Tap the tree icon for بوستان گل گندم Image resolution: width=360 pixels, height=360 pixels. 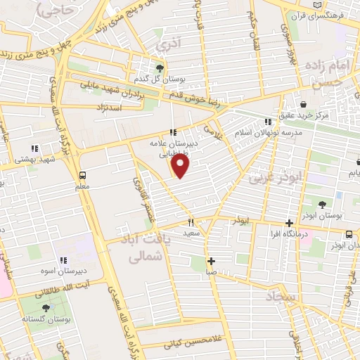coord(161,68)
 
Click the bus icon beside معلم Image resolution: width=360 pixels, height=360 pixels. coord(84,175)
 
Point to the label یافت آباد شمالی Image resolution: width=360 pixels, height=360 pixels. coord(147,250)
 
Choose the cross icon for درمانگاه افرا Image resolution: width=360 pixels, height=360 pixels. coord(290,223)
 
